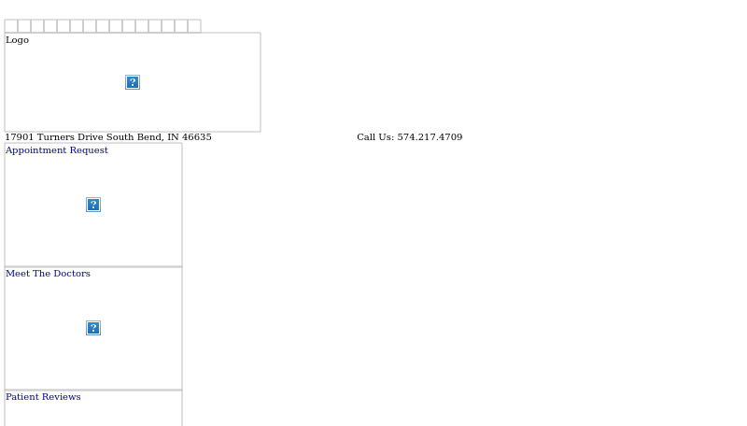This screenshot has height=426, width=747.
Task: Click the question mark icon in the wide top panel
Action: tap(133, 82)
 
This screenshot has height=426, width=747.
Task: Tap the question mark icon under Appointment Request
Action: tap(93, 205)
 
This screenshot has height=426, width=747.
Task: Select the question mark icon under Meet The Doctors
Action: tap(93, 328)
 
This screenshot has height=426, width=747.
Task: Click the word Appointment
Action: tap(36, 150)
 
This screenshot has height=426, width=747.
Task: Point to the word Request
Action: tap(89, 150)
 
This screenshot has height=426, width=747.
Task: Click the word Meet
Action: tap(18, 274)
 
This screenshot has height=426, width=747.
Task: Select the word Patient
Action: tap(22, 397)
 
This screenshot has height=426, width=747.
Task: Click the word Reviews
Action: tap(61, 397)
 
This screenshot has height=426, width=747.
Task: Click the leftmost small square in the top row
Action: tap(11, 26)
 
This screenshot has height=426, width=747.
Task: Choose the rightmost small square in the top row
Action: tap(194, 26)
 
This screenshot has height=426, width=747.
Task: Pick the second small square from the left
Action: tap(24, 26)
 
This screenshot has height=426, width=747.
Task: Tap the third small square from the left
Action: tap(37, 26)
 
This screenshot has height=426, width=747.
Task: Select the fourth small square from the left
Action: tap(50, 26)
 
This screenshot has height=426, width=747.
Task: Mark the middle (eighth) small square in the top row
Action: tap(103, 26)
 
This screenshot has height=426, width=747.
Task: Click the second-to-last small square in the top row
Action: tap(181, 26)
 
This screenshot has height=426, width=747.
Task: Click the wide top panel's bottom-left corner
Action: tap(5, 132)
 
